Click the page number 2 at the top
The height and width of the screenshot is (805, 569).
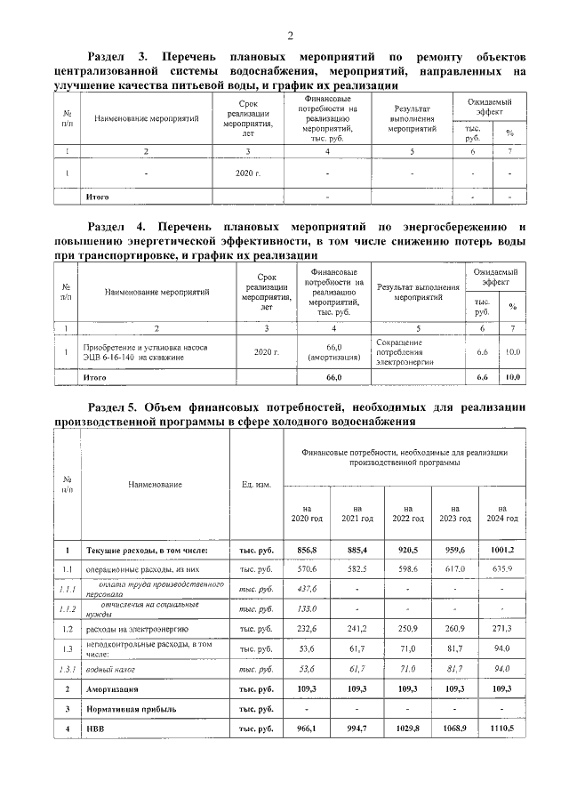(290, 36)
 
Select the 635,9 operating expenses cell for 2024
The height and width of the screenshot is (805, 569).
(502, 568)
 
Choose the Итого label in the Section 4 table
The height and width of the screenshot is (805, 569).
(95, 377)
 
